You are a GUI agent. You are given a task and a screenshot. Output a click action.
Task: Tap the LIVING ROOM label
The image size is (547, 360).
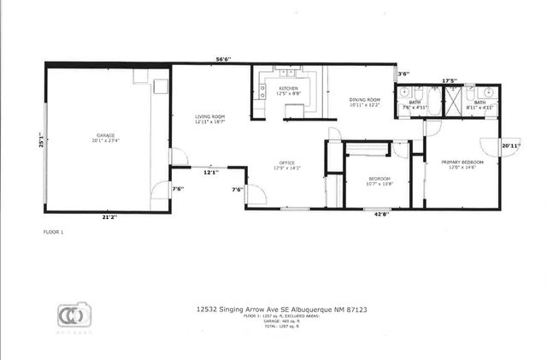pyautogui.click(x=209, y=116)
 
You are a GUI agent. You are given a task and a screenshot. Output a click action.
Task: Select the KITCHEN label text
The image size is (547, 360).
pyautogui.click(x=287, y=89)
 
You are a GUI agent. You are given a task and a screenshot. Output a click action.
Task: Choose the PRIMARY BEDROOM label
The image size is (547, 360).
pyautogui.click(x=462, y=162)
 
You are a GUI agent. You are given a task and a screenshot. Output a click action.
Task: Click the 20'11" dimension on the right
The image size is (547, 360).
pyautogui.click(x=511, y=146)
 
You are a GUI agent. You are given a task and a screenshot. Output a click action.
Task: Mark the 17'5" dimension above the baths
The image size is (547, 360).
pyautogui.click(x=450, y=82)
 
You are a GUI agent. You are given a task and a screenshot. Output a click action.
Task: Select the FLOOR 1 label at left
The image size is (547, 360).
pyautogui.click(x=54, y=232)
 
